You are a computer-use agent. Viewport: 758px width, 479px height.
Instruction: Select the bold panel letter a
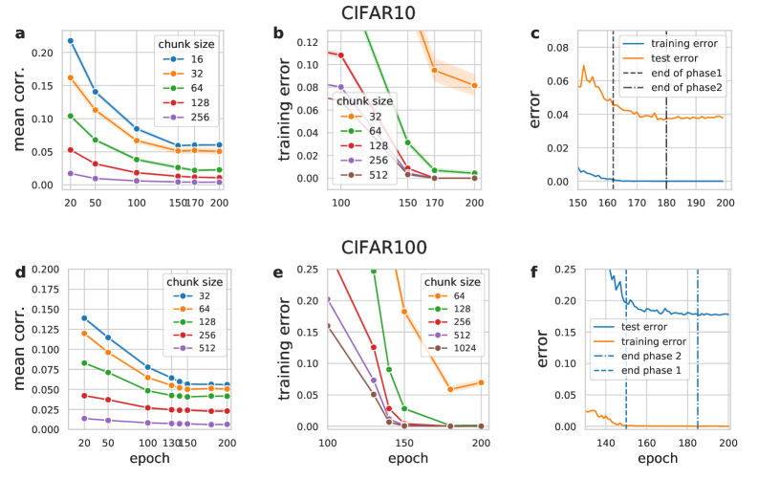pos(19,34)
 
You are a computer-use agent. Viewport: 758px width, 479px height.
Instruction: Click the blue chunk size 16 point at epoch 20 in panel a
pos(71,41)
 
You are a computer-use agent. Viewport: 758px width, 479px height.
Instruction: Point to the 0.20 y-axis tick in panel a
pos(43,52)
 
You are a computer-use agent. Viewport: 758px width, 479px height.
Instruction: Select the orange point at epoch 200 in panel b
pos(474,86)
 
